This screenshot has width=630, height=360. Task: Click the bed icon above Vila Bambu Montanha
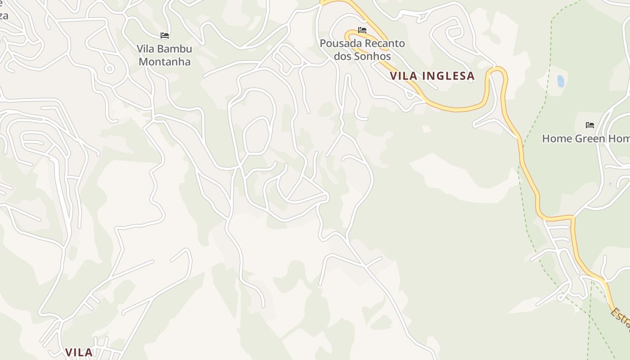pos(165,36)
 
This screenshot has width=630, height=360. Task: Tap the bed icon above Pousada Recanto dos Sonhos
pos(362,30)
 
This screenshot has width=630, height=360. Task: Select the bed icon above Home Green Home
pos(590,125)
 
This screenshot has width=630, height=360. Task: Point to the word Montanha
pos(165,62)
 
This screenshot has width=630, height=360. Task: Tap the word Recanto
pos(384,44)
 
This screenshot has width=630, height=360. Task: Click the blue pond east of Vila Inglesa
pos(561,81)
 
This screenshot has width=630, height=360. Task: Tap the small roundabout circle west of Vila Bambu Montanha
pos(109,69)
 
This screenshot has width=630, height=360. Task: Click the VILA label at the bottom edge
pos(79,352)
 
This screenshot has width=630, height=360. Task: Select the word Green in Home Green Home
pos(584,139)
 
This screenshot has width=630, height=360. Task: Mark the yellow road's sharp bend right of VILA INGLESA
pos(497,70)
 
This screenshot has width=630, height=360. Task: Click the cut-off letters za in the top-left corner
pos(4,16)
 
